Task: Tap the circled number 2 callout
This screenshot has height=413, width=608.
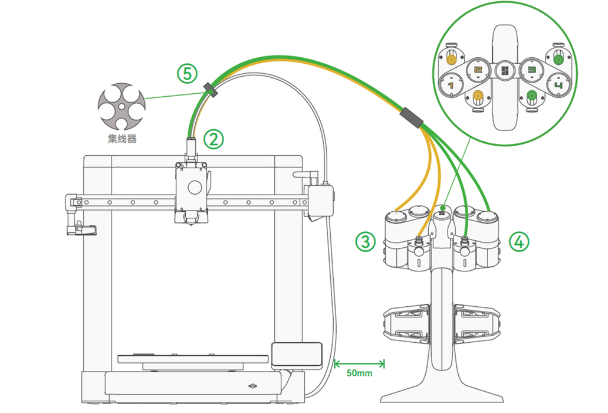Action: click(x=213, y=139)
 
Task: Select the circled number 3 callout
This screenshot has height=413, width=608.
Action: click(x=366, y=241)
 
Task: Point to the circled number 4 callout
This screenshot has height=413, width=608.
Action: click(x=518, y=241)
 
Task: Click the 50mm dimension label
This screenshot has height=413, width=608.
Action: click(x=359, y=373)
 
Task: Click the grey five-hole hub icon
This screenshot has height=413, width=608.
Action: click(x=120, y=106)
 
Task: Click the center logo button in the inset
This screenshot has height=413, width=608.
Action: click(x=505, y=71)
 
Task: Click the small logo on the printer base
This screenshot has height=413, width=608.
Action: click(x=254, y=387)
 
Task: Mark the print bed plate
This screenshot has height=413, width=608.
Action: click(x=195, y=359)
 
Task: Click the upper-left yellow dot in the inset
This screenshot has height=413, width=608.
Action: click(x=452, y=58)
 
